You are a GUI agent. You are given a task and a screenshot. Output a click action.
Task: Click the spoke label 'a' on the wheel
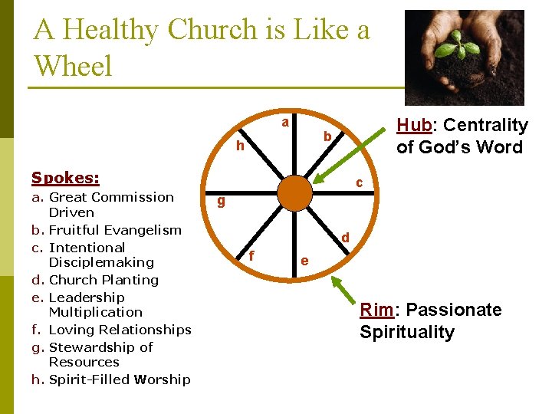284,123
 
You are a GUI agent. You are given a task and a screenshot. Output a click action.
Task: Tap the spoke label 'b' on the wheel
327,137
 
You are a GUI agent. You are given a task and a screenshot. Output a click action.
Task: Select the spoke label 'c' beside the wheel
358,182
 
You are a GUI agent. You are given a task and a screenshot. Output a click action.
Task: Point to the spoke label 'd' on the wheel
346,238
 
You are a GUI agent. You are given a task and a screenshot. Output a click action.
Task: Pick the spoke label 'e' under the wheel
304,260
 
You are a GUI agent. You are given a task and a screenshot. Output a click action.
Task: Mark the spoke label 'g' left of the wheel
220,202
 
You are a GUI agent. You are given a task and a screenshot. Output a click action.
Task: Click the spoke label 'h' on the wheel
240,146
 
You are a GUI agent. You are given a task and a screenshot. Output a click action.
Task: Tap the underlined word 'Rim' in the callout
377,310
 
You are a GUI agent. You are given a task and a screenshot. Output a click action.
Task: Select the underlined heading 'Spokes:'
65,178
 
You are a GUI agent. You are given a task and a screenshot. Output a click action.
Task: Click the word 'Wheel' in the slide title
73,66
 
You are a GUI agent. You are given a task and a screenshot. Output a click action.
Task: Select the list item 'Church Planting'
103,280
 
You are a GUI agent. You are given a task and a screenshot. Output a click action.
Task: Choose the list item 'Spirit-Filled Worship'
120,379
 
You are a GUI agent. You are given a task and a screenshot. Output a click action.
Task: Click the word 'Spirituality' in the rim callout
407,333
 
